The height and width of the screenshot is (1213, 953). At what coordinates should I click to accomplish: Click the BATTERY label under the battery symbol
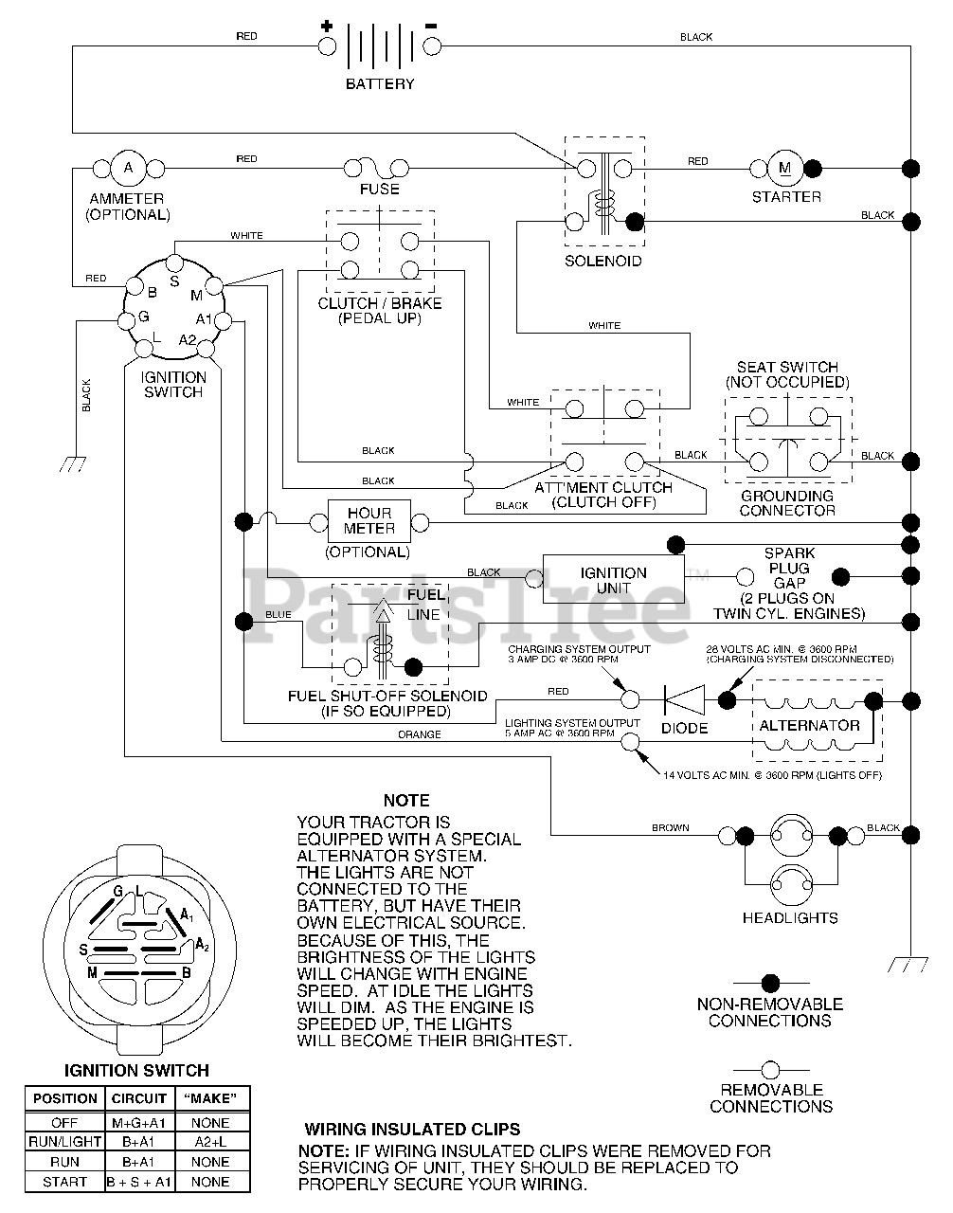[380, 83]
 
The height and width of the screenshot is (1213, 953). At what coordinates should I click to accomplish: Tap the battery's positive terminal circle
[327, 46]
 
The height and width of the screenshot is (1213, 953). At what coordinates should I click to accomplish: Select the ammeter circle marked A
[128, 168]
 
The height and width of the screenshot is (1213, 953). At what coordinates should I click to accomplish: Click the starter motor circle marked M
[785, 168]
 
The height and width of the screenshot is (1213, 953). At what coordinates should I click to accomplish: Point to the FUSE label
[380, 190]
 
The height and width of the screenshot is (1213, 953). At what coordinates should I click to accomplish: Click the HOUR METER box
[369, 521]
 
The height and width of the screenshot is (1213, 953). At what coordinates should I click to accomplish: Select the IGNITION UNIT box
[613, 579]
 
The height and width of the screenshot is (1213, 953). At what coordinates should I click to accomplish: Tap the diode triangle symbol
[685, 699]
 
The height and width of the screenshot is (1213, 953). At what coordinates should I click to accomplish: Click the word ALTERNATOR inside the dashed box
[809, 725]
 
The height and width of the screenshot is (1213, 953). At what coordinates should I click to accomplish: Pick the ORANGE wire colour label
[419, 734]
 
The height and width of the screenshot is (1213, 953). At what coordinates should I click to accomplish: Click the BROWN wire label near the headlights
[670, 827]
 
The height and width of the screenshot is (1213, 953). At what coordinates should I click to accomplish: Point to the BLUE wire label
[279, 615]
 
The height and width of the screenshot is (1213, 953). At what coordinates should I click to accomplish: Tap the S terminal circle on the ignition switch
[174, 262]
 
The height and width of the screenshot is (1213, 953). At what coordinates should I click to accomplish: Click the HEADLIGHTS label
[790, 917]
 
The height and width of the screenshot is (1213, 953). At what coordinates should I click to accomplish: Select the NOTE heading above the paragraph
[406, 801]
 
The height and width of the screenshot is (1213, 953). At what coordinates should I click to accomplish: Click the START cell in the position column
[64, 1182]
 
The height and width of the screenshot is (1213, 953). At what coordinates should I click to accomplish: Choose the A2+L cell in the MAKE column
[210, 1142]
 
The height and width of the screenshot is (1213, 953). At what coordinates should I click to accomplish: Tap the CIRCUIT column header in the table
[139, 1098]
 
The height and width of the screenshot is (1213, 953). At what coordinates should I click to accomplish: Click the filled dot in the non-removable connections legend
[770, 983]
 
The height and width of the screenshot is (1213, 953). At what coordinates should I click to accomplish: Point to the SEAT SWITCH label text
[787, 367]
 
